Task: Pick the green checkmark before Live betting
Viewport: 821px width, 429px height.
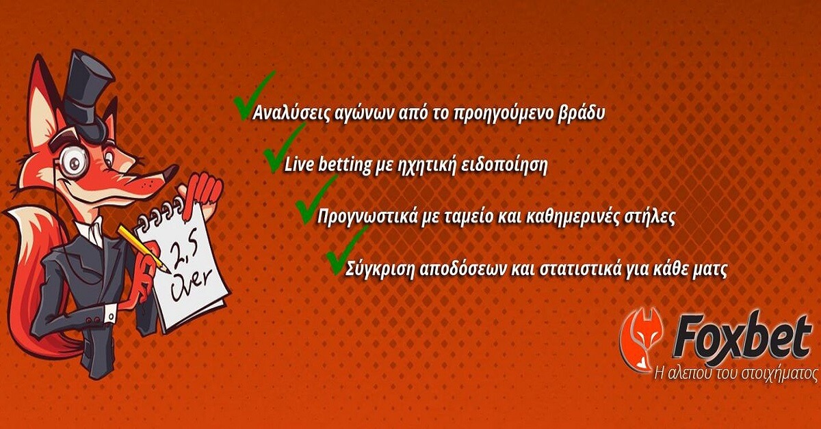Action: pyautogui.click(x=284, y=148)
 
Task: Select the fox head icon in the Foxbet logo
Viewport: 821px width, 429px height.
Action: pyautogui.click(x=640, y=340)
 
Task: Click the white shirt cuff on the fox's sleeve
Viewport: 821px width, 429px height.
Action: pyautogui.click(x=109, y=314)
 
